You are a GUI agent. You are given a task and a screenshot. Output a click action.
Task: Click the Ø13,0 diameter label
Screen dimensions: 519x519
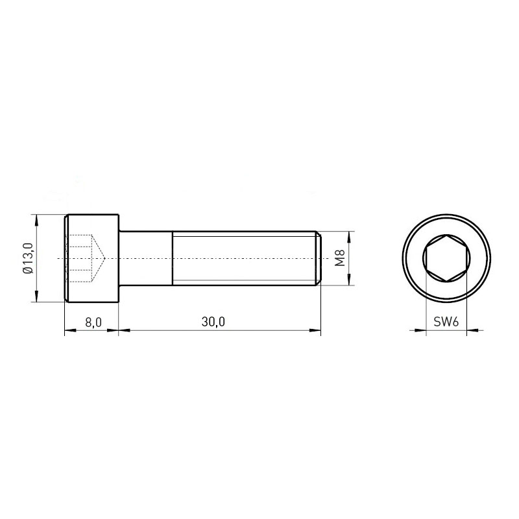tap(29, 258)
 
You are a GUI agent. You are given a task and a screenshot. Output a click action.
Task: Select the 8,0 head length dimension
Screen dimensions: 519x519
tap(93, 322)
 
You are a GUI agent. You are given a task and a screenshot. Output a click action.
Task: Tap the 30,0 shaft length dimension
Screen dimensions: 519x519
tap(213, 322)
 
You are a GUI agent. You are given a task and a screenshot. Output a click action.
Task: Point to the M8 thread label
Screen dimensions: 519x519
tap(340, 258)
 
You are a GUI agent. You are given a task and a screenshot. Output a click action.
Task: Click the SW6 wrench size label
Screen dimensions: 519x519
tap(446, 321)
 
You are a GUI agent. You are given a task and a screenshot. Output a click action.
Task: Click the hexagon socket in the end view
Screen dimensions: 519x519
tap(446, 258)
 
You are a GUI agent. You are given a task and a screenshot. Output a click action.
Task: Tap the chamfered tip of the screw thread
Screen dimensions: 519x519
tap(318, 258)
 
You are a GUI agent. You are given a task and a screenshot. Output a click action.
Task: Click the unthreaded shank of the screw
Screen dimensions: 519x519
tap(145, 258)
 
